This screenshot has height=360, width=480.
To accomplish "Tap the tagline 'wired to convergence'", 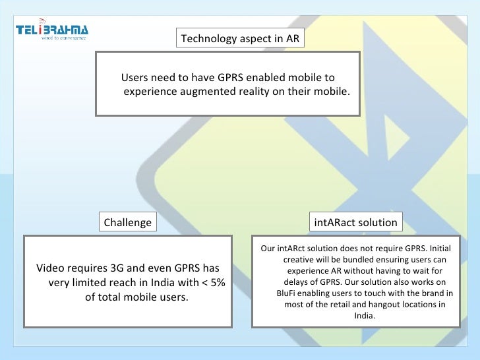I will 64,38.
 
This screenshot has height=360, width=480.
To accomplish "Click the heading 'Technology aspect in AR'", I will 240,38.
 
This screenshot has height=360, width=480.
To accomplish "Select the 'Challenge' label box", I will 128,222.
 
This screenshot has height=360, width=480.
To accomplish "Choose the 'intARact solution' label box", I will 356,222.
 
